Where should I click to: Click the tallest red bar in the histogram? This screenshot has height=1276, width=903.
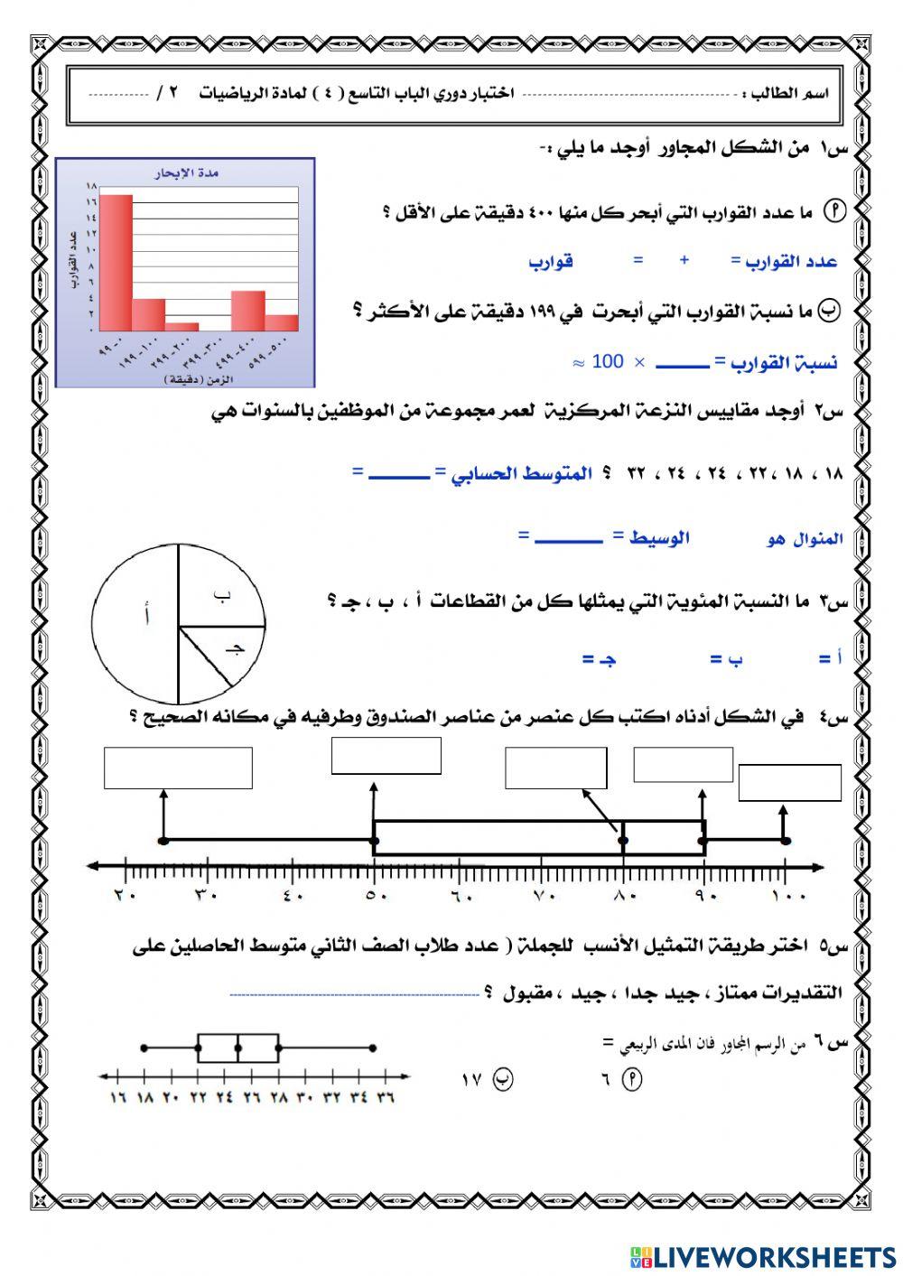click(116, 262)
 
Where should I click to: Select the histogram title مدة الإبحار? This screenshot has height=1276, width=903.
click(188, 173)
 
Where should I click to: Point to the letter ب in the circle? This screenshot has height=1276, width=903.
click(222, 594)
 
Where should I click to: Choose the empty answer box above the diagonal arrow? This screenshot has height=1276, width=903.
click(555, 768)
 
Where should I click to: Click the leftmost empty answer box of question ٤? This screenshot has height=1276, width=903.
click(178, 768)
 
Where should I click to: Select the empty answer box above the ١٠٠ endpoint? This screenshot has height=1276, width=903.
click(789, 783)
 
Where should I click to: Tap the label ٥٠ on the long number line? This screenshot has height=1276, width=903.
click(377, 896)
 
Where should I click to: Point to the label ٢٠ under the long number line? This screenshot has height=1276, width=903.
click(124, 896)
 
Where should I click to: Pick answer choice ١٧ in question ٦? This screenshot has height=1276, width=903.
click(472, 1078)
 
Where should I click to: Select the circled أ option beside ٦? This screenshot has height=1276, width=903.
click(632, 1078)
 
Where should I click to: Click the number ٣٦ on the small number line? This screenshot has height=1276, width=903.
click(386, 1098)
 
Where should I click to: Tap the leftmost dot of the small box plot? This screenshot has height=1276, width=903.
click(144, 1048)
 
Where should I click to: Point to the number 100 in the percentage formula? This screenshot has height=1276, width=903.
click(608, 362)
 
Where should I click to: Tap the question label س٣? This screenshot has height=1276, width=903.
click(833, 600)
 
